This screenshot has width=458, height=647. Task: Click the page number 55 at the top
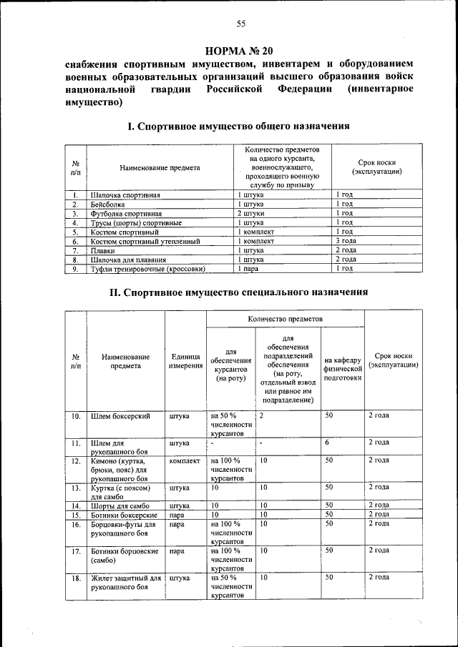tap(240, 24)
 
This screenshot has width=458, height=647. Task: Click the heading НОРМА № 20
tap(240, 51)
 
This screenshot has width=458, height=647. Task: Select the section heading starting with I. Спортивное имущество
tap(238, 126)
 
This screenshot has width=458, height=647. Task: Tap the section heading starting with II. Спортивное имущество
tap(238, 292)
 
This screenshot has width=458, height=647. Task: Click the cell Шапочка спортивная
tap(125, 194)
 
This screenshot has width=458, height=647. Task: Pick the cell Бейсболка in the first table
tap(107, 204)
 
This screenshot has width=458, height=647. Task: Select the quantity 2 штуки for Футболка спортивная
tap(251, 213)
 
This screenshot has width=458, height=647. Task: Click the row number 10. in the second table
tap(75, 415)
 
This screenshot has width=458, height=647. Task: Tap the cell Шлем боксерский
tap(120, 415)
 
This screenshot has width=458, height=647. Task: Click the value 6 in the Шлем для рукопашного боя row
tap(326, 443)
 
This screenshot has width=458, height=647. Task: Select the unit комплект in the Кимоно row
tap(186, 460)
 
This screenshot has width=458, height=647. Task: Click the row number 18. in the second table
tap(75, 576)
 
